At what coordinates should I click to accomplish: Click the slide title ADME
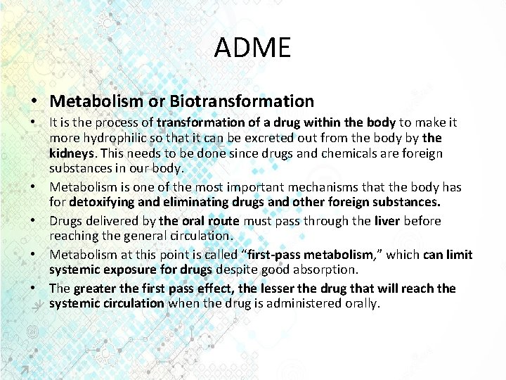tap(252, 48)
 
